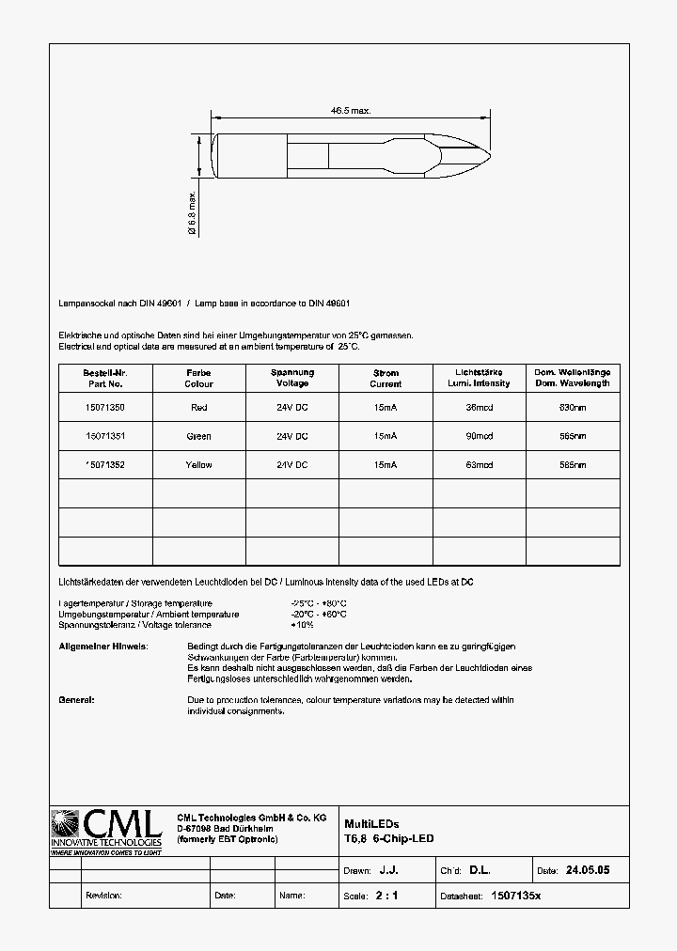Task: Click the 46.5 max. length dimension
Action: pyautogui.click(x=351, y=110)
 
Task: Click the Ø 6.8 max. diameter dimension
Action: pyautogui.click(x=192, y=211)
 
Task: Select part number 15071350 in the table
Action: pyautogui.click(x=104, y=408)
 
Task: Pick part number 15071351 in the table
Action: pyautogui.click(x=104, y=436)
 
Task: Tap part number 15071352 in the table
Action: pyautogui.click(x=104, y=465)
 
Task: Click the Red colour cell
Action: pyautogui.click(x=198, y=408)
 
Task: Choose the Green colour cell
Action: pyautogui.click(x=198, y=436)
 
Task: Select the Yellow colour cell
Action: pyautogui.click(x=198, y=465)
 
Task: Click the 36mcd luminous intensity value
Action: pyautogui.click(x=480, y=408)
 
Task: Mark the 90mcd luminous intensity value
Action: pyautogui.click(x=480, y=436)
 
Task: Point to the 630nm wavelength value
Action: pyautogui.click(x=572, y=408)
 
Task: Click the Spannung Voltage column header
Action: pyautogui.click(x=292, y=378)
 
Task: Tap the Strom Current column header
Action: pyautogui.click(x=386, y=378)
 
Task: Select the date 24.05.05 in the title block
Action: pyautogui.click(x=588, y=871)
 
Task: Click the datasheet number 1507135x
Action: pyautogui.click(x=516, y=896)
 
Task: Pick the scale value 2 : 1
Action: pyautogui.click(x=386, y=896)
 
